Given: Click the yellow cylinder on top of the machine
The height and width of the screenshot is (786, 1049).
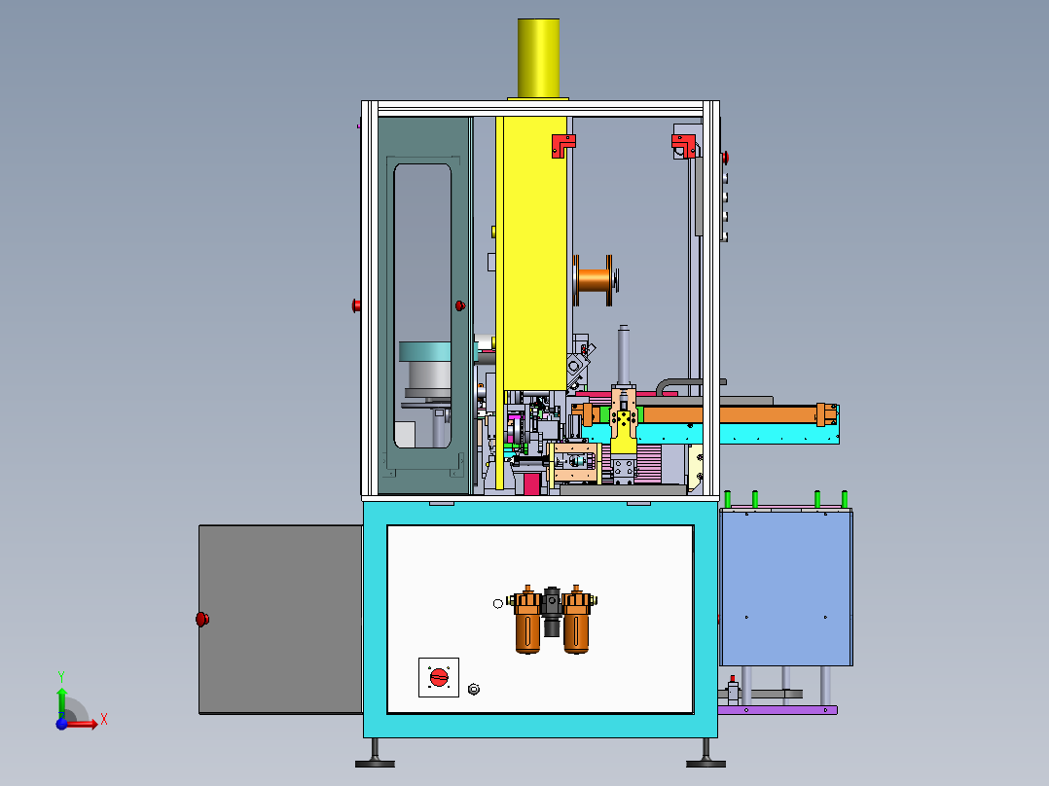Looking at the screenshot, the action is click(x=538, y=58).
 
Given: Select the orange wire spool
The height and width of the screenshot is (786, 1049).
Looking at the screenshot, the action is click(x=595, y=280).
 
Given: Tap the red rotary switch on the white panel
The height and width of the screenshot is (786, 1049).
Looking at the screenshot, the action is click(x=439, y=677).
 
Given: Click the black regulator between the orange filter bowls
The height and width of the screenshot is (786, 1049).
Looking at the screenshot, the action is click(x=552, y=612).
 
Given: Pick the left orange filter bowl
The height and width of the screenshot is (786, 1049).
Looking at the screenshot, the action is click(x=527, y=620).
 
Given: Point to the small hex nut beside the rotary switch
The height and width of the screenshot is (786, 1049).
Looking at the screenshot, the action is click(x=474, y=689).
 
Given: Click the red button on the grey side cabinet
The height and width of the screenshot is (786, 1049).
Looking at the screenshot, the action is click(x=202, y=619).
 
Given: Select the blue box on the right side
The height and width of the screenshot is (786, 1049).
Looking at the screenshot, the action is click(x=786, y=588).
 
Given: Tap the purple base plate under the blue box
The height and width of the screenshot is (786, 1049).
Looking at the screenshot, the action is click(x=778, y=710).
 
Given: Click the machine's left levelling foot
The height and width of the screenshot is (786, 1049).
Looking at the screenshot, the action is click(x=375, y=755).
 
